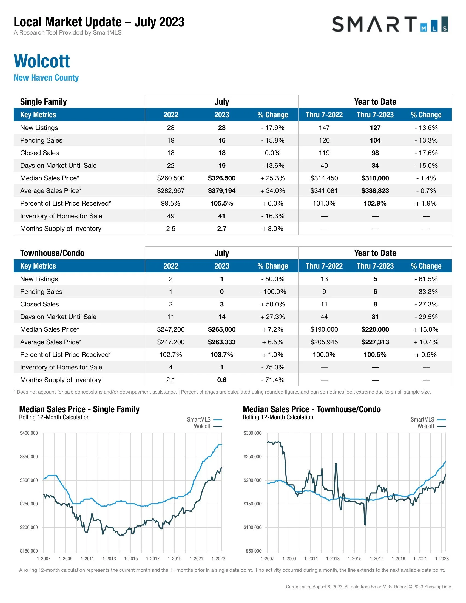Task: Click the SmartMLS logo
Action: pyautogui.click(x=390, y=24)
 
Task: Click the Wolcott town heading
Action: pyautogui.click(x=42, y=61)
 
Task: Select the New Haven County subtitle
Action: pyautogui.click(x=46, y=78)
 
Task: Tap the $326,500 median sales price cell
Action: pyautogui.click(x=222, y=178)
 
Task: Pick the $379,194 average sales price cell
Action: pyautogui.click(x=222, y=191)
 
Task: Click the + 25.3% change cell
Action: pyautogui.click(x=272, y=178)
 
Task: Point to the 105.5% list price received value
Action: pyautogui.click(x=222, y=203)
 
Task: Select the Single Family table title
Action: pyautogui.click(x=43, y=102)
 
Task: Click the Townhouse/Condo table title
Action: pyautogui.click(x=52, y=253)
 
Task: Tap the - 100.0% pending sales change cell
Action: pyautogui.click(x=272, y=292)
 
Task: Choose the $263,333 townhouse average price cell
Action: pyautogui.click(x=222, y=342)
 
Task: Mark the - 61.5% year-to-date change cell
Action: pyautogui.click(x=426, y=279)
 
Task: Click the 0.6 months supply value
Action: pyautogui.click(x=222, y=380)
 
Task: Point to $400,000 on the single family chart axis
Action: pyautogui.click(x=29, y=433)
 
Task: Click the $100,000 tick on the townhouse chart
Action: pyautogui.click(x=252, y=527)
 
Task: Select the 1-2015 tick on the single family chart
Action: pyautogui.click(x=131, y=559)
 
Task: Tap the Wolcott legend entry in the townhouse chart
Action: pyautogui.click(x=426, y=426)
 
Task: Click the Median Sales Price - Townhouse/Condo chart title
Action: pyautogui.click(x=312, y=409)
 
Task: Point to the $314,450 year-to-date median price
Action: pyautogui.click(x=324, y=178)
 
